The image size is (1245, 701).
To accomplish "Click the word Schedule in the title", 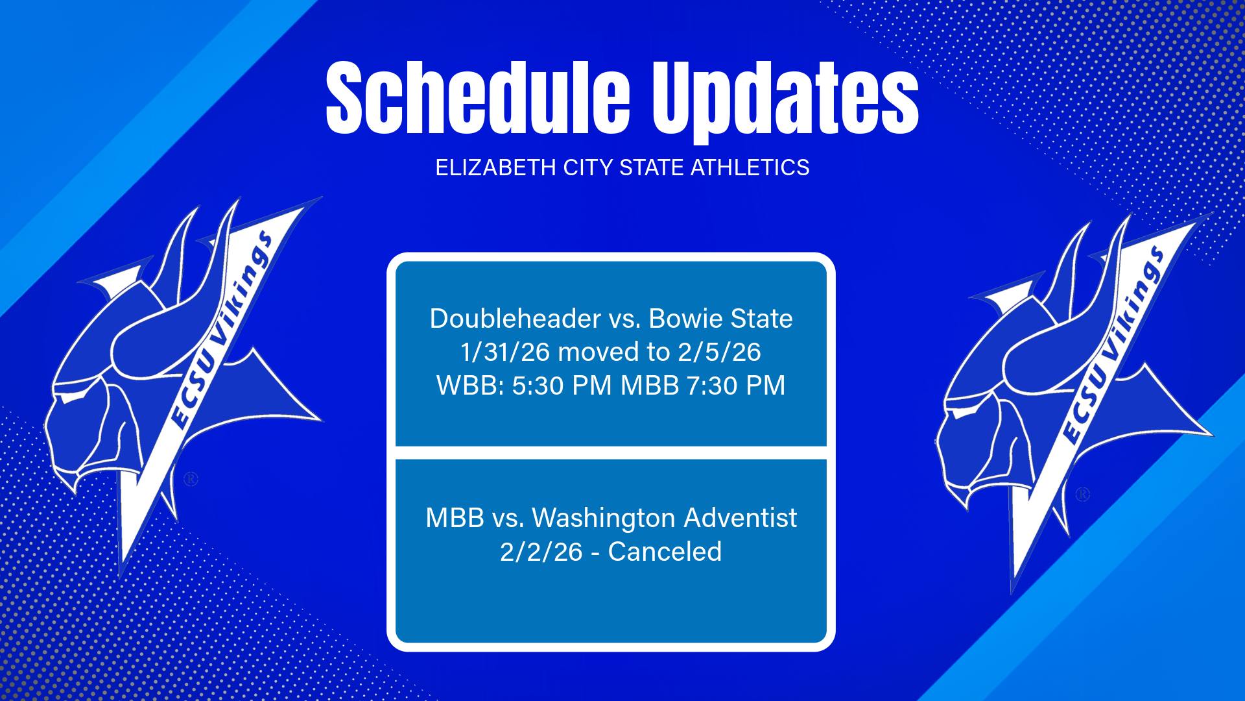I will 477,99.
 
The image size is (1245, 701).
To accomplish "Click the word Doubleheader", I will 516,319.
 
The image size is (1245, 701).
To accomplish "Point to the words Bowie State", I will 720,319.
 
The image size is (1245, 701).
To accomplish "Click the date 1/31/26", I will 505,352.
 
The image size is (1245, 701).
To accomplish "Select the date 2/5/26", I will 719,352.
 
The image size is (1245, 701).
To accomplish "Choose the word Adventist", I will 740,518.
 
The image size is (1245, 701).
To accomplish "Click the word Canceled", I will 665,552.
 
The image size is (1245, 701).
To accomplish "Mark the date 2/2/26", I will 541,552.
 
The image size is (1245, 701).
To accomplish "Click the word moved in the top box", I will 599,352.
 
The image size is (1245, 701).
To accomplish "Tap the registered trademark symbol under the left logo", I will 191,479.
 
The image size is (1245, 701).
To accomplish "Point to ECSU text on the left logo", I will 193,389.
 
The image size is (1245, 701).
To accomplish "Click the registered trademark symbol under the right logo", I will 1082,495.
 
